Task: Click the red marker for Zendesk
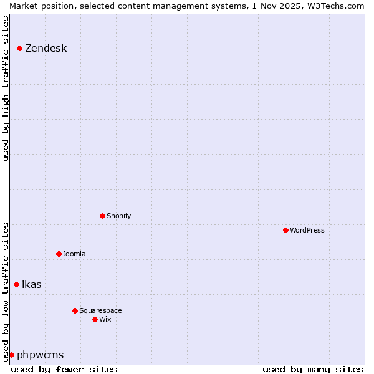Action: (x=19, y=48)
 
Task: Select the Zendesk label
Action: (x=46, y=49)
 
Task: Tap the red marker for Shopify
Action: (x=102, y=216)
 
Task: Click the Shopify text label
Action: (x=118, y=216)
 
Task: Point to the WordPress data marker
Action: (x=285, y=230)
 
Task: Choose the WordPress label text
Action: (x=307, y=231)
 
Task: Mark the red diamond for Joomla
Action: (x=59, y=254)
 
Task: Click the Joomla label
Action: (x=74, y=254)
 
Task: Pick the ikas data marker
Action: (x=16, y=284)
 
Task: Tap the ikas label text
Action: (x=31, y=285)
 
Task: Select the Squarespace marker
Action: (x=75, y=310)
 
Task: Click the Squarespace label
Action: (x=100, y=311)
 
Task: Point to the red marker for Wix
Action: (x=95, y=319)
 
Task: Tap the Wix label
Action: (x=105, y=320)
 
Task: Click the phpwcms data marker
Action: (x=11, y=355)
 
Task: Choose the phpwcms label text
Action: (x=40, y=355)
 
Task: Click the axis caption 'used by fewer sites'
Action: (x=64, y=369)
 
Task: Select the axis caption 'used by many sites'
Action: (x=313, y=369)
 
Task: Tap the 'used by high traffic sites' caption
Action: (x=6, y=88)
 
